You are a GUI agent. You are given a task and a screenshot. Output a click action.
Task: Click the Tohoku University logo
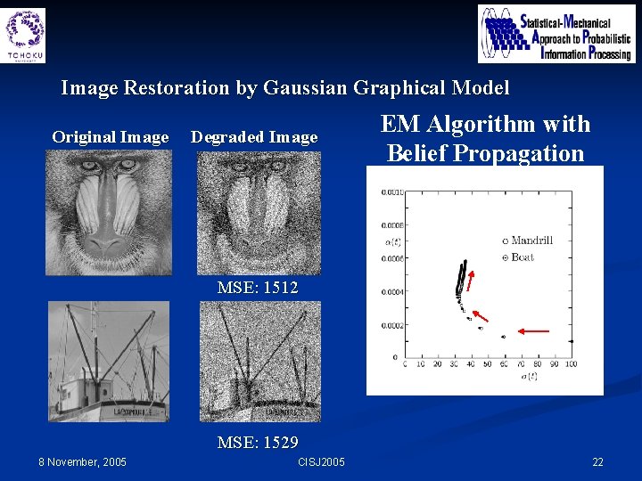click(x=25, y=34)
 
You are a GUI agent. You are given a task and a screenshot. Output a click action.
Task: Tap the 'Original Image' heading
click(x=110, y=137)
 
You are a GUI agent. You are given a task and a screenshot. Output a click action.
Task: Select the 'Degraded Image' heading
click(x=254, y=137)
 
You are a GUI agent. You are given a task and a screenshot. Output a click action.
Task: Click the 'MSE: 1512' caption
click(x=258, y=288)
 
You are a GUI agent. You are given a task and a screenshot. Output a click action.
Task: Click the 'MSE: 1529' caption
click(x=258, y=442)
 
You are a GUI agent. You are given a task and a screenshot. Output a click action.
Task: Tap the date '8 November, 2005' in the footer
click(x=83, y=461)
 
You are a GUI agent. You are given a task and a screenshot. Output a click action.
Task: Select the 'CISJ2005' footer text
click(x=320, y=461)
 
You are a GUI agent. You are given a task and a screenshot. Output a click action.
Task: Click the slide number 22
click(x=597, y=461)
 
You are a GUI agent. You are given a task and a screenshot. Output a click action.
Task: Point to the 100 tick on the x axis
click(x=571, y=364)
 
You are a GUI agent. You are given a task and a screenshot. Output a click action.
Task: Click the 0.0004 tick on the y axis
click(x=390, y=292)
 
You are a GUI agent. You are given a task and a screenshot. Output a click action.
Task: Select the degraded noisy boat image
click(x=259, y=361)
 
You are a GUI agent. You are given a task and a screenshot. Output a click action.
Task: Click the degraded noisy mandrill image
click(x=258, y=212)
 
